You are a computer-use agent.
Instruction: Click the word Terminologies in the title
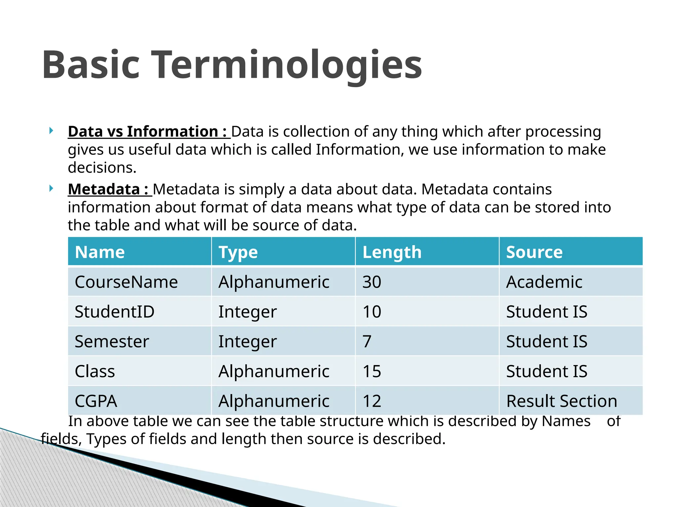[x=287, y=65]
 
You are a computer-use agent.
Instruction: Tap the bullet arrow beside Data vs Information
[x=51, y=131]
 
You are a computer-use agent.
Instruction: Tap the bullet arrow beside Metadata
[x=51, y=188]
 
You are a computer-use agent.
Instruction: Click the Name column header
[x=100, y=252]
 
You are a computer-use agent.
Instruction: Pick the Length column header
[x=392, y=252]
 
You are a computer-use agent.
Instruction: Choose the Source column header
[x=534, y=252]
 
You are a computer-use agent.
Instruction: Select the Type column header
[x=238, y=252]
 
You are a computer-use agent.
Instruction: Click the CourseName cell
[x=126, y=282]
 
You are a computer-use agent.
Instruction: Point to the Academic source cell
[x=544, y=282]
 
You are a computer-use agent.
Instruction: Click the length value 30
[x=372, y=282]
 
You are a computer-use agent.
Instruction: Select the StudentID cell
[x=114, y=312]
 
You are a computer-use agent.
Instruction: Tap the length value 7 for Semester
[x=367, y=341]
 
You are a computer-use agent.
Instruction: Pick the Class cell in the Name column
[x=95, y=371]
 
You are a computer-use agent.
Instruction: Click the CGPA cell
[x=96, y=401]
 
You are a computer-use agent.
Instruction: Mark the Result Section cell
[x=562, y=401]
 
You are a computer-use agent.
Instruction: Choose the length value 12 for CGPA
[x=372, y=401]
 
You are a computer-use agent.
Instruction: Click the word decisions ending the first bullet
[x=102, y=168]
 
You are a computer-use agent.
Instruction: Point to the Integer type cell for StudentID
[x=247, y=312]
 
